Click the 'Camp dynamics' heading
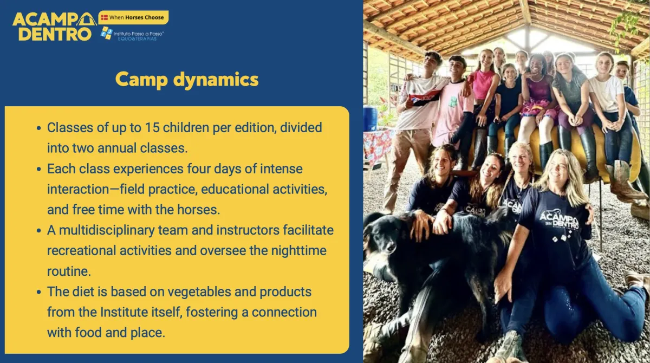click(x=187, y=80)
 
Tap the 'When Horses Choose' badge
click(x=133, y=17)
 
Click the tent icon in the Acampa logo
click(x=87, y=19)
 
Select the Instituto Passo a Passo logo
click(x=132, y=34)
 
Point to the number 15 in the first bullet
click(x=152, y=128)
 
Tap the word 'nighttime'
click(x=298, y=251)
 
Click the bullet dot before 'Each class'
click(x=39, y=169)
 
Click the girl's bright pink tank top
click(x=483, y=85)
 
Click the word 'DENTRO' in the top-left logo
click(x=55, y=34)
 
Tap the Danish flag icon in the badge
click(x=105, y=17)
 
